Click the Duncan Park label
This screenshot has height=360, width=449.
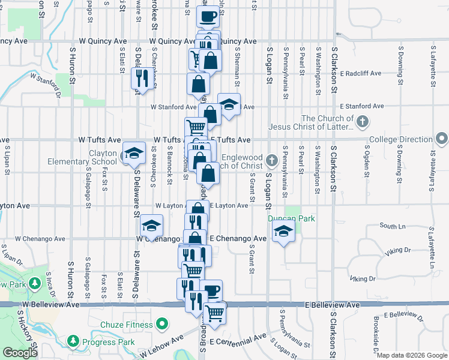point(292,219)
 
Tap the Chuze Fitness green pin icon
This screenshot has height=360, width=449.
point(161,325)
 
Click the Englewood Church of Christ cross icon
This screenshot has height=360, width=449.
point(271,160)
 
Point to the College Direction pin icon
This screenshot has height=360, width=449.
point(442,139)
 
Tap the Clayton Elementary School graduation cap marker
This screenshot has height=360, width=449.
point(134,154)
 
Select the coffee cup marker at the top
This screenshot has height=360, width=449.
point(208,17)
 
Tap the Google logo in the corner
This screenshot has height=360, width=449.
point(20,353)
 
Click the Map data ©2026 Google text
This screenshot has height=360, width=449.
point(412,356)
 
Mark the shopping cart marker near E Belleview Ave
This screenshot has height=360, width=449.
point(215,312)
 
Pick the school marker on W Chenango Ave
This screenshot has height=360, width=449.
point(152,226)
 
